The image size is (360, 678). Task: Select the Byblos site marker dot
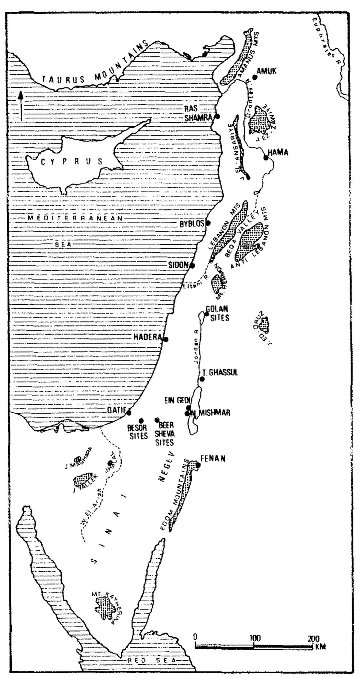point(208,223)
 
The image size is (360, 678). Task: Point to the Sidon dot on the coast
point(192,266)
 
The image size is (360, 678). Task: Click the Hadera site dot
point(165,339)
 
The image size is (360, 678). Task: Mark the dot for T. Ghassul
point(202,379)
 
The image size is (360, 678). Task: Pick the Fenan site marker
point(198,465)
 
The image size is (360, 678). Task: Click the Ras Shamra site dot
point(217,116)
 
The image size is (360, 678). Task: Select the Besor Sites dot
point(141,421)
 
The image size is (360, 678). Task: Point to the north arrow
point(21,106)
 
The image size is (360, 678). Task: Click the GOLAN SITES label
point(219,314)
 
